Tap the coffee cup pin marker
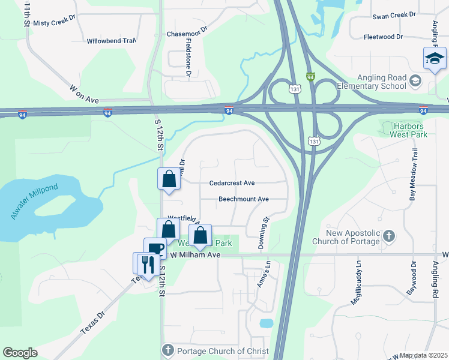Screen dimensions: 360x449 155,249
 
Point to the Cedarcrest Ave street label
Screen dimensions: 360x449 232,183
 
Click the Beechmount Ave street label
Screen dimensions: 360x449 244,199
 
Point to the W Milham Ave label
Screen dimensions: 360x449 196,255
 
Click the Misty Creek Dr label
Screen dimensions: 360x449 54,23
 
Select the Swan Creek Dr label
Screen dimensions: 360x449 394,15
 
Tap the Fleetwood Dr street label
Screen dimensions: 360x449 383,37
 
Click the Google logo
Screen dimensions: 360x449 20,353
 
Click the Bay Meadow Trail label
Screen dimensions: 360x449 413,175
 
